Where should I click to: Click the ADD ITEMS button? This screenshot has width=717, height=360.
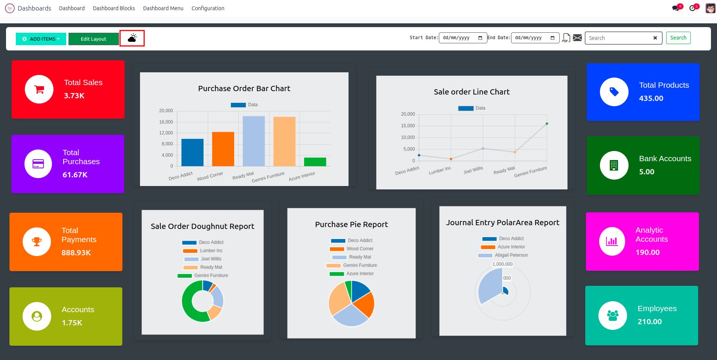pyautogui.click(x=41, y=39)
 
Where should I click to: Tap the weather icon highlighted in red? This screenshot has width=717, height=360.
pyautogui.click(x=132, y=38)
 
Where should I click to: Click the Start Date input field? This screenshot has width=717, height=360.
pyautogui.click(x=463, y=38)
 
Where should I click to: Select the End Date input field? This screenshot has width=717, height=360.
pyautogui.click(x=535, y=38)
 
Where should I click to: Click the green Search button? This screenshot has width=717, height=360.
pyautogui.click(x=678, y=38)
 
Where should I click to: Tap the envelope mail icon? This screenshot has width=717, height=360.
pyautogui.click(x=577, y=38)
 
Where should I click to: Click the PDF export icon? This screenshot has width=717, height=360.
pyautogui.click(x=566, y=38)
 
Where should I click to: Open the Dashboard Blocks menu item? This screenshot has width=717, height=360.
pyautogui.click(x=114, y=8)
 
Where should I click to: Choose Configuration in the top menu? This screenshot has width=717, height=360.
pyautogui.click(x=208, y=8)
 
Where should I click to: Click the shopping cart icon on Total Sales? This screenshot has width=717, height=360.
pyautogui.click(x=39, y=89)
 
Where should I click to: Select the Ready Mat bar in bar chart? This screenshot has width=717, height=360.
pyautogui.click(x=254, y=141)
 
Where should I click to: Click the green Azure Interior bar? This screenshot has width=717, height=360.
pyautogui.click(x=315, y=162)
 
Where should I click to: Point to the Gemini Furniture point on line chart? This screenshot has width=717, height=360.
pyautogui.click(x=547, y=124)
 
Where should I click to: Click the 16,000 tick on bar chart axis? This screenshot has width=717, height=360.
pyautogui.click(x=166, y=122)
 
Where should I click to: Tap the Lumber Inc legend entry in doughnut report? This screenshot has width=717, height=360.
pyautogui.click(x=211, y=251)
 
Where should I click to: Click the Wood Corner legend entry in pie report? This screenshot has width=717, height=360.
pyautogui.click(x=360, y=249)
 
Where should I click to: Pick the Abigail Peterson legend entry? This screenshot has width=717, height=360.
pyautogui.click(x=511, y=255)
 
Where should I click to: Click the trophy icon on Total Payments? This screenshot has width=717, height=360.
pyautogui.click(x=37, y=242)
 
